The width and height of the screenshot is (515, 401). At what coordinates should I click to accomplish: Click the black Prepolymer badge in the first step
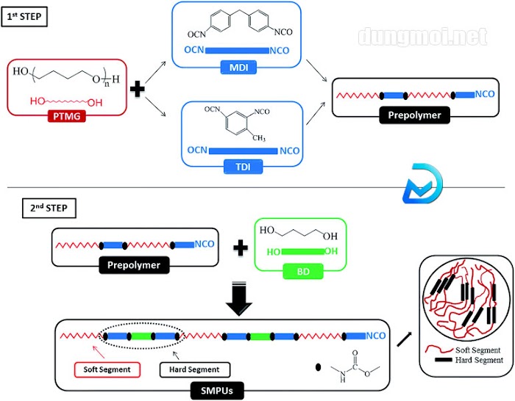point(415,115)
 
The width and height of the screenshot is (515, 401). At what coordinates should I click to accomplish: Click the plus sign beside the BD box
point(238,248)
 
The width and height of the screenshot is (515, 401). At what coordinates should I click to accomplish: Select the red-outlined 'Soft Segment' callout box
point(103,366)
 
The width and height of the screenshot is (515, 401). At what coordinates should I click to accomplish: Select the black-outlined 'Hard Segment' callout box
point(194,366)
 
